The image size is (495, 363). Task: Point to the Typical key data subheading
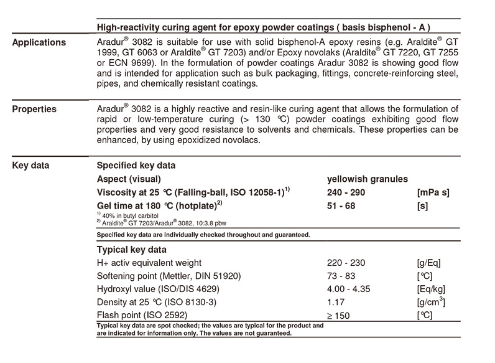[x=131, y=249]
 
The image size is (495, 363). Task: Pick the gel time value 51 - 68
[x=343, y=206]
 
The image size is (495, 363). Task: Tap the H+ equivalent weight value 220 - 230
[x=345, y=263]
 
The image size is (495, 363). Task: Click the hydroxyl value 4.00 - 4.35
[x=350, y=290]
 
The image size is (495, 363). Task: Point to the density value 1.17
[x=336, y=303]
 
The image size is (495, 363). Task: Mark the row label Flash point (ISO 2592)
[x=140, y=316]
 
